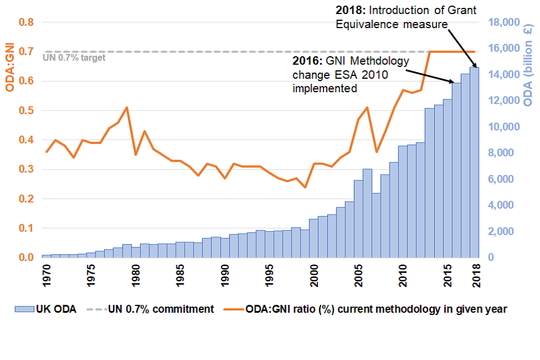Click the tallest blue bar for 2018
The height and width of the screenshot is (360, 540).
coord(474,163)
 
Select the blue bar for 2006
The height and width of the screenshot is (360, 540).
coord(367,214)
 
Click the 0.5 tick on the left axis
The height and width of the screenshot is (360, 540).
coord(26,111)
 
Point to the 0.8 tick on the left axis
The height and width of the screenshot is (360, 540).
coord(26,22)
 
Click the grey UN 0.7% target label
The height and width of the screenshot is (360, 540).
coord(74,57)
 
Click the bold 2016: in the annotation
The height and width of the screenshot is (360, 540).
coord(308,61)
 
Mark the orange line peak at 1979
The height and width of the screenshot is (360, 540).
coord(127,107)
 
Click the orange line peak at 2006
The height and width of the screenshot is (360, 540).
coord(367,107)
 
